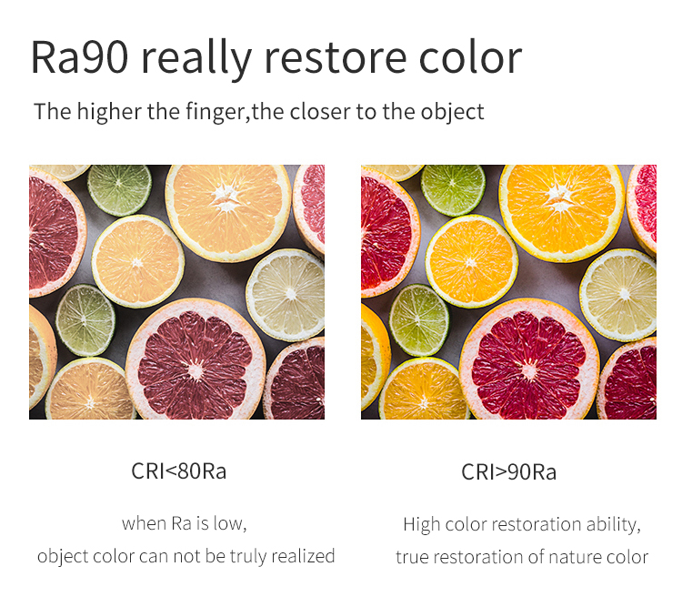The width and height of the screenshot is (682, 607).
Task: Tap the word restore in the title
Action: point(336,58)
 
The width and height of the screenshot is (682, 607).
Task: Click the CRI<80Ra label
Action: point(179,471)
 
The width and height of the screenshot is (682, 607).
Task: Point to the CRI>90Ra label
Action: point(508,472)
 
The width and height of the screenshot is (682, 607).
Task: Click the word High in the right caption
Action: point(421,525)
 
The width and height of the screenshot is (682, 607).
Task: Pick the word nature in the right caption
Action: point(572,558)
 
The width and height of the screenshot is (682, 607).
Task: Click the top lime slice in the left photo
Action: point(120,189)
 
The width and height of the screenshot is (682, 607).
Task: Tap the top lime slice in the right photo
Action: point(453,189)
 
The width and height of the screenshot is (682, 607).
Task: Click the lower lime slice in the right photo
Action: point(419,320)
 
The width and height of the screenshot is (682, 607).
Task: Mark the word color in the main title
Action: point(470,58)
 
